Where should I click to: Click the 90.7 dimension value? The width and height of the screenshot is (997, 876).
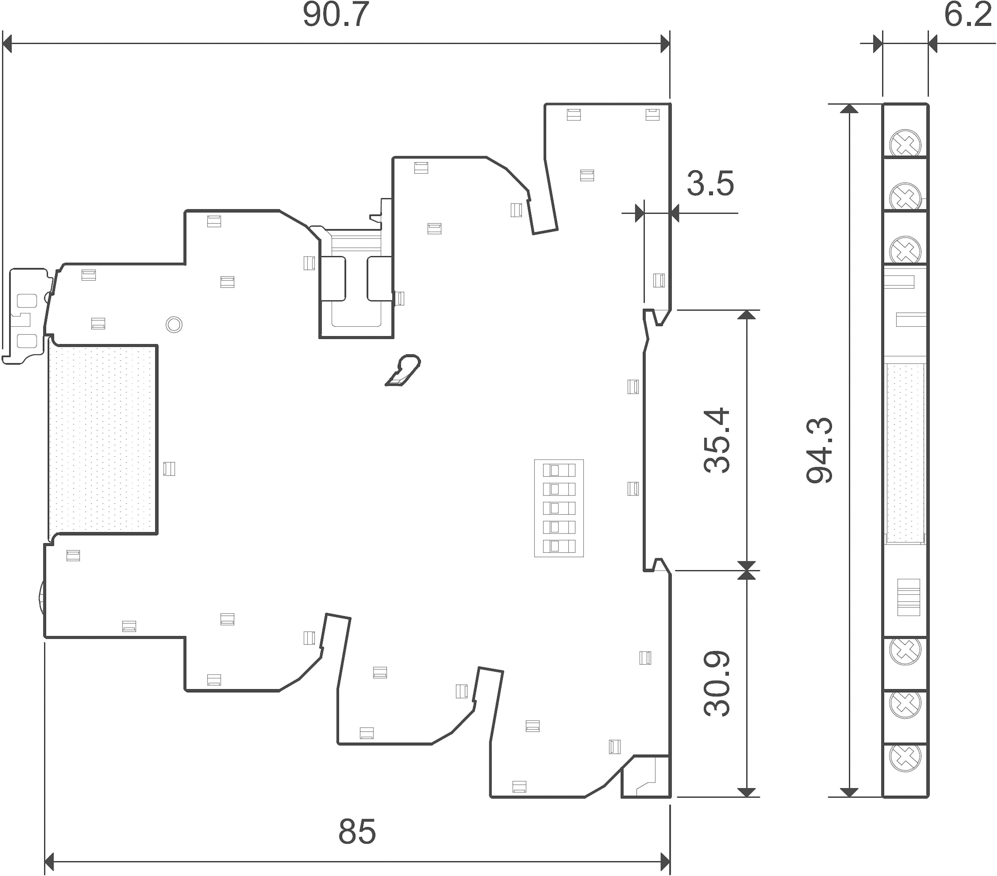pos(336,16)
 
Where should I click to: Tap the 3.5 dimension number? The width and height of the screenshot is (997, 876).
pos(710,184)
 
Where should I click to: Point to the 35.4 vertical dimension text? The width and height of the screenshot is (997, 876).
pos(717,440)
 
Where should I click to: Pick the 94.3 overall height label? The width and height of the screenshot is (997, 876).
pos(819,450)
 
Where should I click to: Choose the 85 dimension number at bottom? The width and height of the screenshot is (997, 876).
pos(357,832)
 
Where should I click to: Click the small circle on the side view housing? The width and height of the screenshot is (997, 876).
pos(174,324)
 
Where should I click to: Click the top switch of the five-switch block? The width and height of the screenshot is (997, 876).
pos(559,470)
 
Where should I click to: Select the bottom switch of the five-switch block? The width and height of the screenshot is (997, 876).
pos(559,546)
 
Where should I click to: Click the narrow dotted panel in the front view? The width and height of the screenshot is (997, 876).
pos(905,453)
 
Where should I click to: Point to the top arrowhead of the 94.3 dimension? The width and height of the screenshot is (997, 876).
pos(850,108)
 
